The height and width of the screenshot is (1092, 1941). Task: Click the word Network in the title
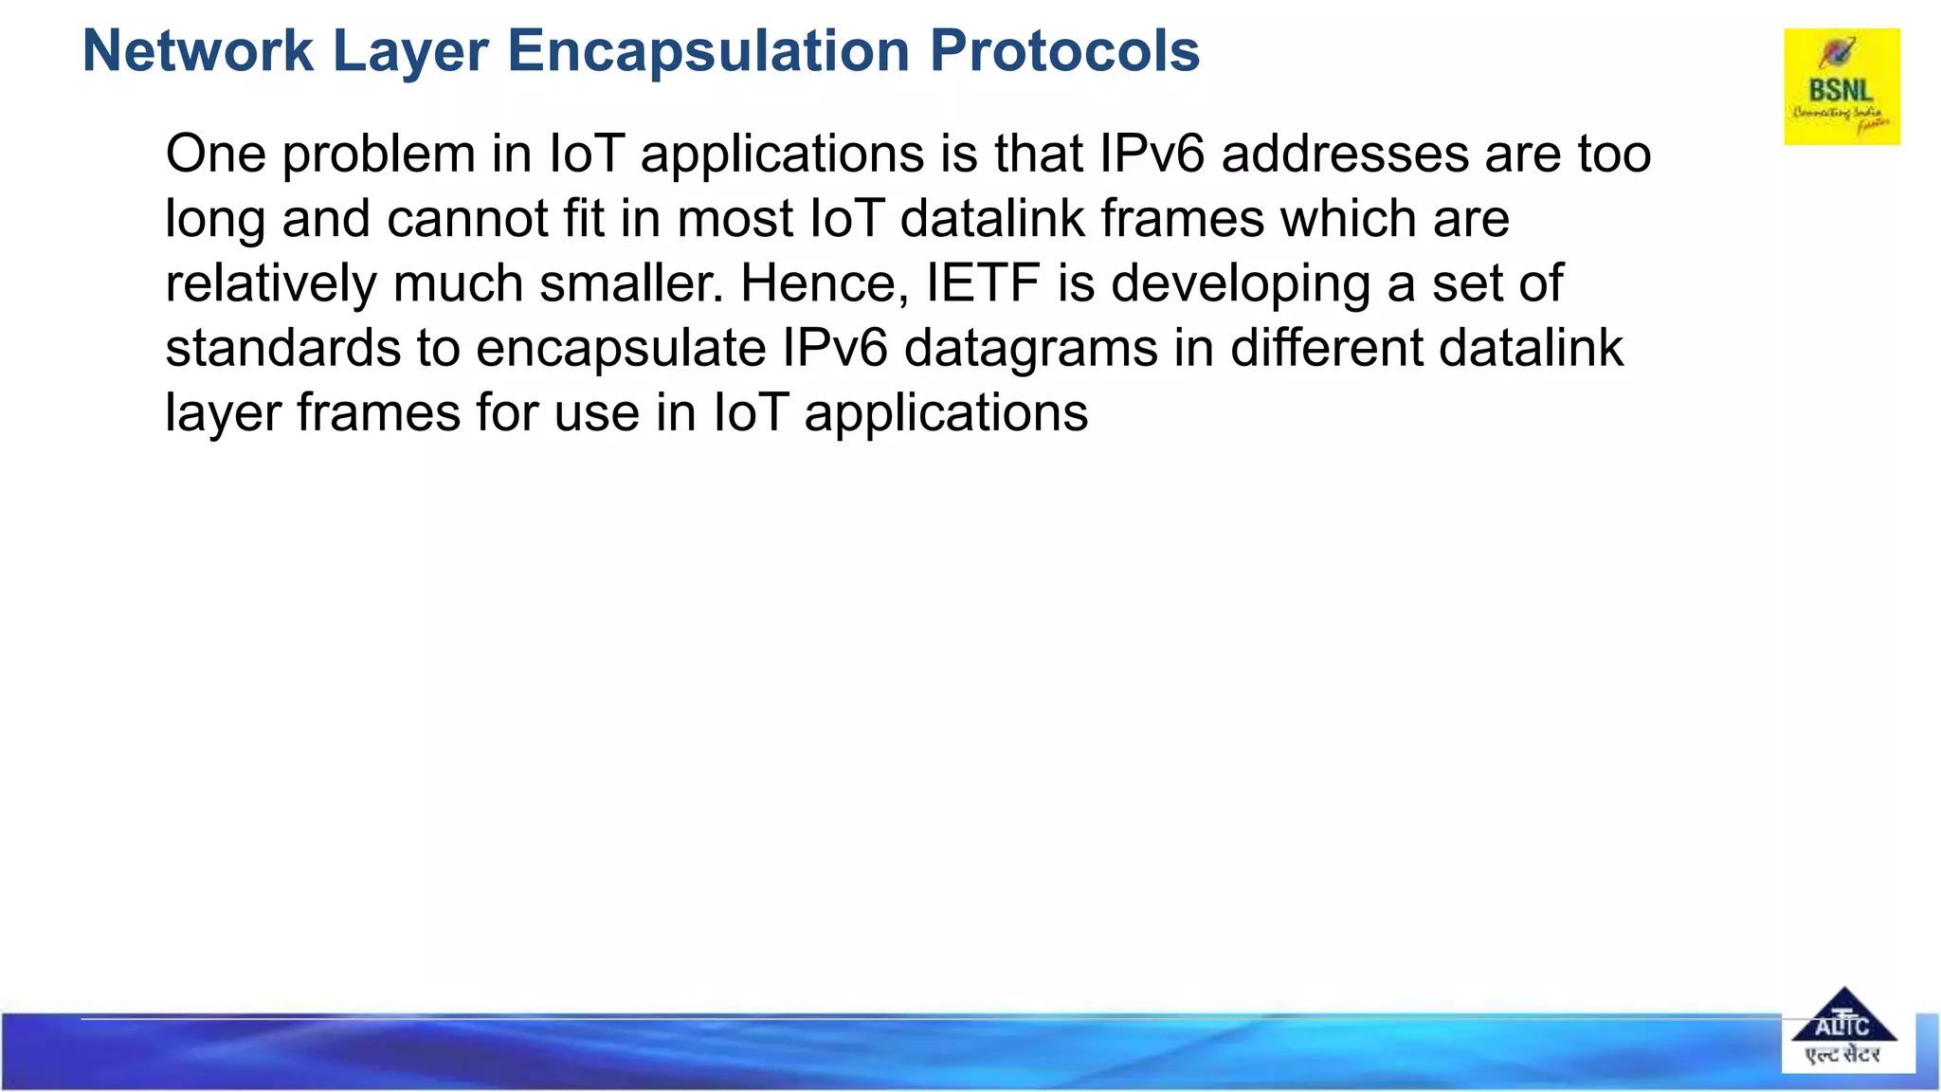[197, 50]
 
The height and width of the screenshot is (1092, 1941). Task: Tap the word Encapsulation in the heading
[709, 50]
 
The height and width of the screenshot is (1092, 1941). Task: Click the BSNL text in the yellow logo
[1841, 91]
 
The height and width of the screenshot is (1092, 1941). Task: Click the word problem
[379, 155]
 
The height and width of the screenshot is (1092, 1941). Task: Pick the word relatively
[270, 283]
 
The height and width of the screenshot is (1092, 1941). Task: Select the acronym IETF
[982, 283]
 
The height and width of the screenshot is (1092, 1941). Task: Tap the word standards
[282, 348]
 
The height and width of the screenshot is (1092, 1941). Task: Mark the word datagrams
[1031, 350]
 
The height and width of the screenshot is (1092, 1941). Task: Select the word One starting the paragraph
[215, 155]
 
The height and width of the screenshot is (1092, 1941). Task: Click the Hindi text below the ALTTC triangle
[1842, 1055]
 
